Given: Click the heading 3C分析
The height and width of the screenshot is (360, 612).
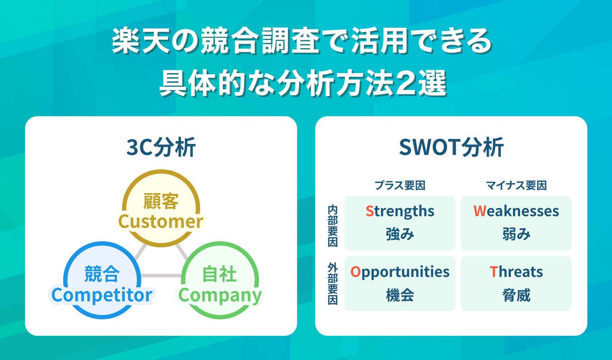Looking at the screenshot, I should point(161,147).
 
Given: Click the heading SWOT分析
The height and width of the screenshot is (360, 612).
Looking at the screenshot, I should point(451,147).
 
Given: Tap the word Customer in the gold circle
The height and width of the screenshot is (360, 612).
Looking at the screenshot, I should point(161,221).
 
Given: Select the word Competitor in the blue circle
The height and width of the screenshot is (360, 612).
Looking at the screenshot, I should point(102,295).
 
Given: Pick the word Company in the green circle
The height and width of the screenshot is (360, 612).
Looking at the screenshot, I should point(220,296).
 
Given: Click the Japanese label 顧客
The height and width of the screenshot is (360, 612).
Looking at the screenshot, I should point(161,201).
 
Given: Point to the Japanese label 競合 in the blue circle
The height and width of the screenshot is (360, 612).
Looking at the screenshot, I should point(102,274).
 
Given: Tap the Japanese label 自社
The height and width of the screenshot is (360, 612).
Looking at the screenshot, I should point(220,274).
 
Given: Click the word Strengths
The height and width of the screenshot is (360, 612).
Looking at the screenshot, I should point(400,211).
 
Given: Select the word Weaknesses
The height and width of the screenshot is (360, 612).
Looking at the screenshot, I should point(516,211).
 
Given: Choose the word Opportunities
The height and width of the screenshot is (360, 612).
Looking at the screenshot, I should point(400,272).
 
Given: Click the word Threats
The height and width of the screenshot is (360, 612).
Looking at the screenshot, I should point(516,272).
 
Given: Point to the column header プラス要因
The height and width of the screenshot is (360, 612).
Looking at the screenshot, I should point(400,185).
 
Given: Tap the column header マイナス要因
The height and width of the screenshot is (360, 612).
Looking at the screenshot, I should point(516,185).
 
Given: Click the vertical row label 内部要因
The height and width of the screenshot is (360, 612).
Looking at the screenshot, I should point(333,226).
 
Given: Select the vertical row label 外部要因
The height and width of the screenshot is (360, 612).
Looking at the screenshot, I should point(333,284).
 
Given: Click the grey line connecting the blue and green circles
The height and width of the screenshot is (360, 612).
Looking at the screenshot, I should point(161,276).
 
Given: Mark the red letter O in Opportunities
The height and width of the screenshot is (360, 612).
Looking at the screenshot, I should point(355,272).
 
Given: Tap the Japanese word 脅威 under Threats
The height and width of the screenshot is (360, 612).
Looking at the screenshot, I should point(516,296).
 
